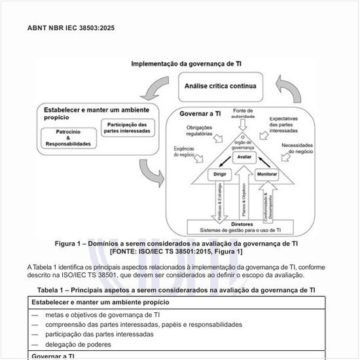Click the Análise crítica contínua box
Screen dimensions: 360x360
pyautogui.click(x=220, y=86)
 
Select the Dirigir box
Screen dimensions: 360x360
pyautogui.click(x=219, y=175)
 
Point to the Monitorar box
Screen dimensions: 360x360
pyautogui.click(x=267, y=175)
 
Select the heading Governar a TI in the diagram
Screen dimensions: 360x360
pyautogui.click(x=200, y=113)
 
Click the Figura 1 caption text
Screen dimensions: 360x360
pyautogui.click(x=177, y=247)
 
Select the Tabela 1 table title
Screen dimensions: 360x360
pyautogui.click(x=177, y=289)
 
